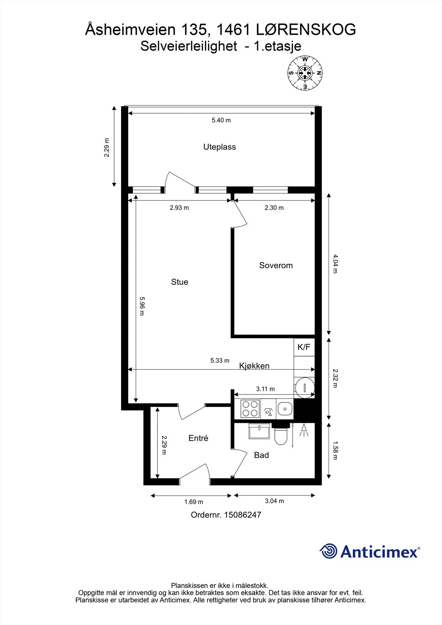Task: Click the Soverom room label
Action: point(276,265)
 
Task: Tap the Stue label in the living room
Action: point(179,282)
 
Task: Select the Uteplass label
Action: point(220,147)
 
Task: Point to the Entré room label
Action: point(198,438)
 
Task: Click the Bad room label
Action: point(261,455)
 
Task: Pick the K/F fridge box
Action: point(304,347)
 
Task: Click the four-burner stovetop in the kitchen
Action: point(250,409)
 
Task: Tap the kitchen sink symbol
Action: point(285,409)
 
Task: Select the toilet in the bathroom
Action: point(281,435)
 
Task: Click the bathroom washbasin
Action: point(259,431)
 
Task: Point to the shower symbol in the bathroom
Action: point(304,430)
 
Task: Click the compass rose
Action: point(305,73)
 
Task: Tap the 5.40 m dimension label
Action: point(221,120)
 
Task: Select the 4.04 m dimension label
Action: point(335,264)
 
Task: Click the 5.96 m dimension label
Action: point(142,306)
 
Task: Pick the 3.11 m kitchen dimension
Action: point(265,389)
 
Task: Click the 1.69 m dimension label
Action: point(193,502)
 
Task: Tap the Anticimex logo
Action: point(370,551)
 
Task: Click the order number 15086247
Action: point(242,515)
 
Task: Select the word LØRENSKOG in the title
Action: point(306,30)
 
